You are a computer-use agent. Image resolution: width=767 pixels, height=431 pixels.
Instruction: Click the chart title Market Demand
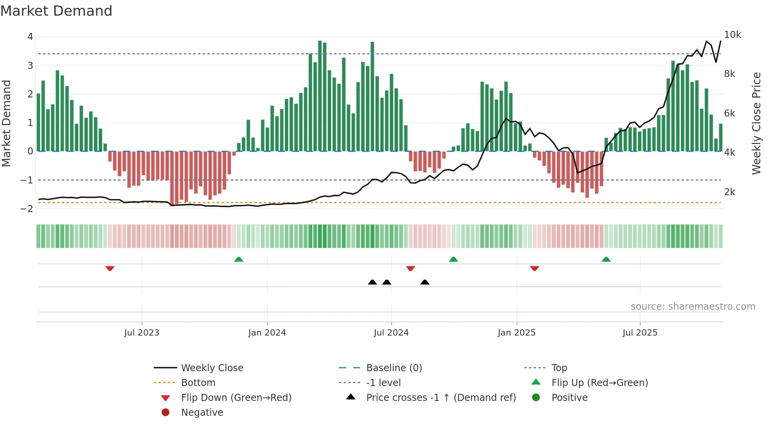click(56, 11)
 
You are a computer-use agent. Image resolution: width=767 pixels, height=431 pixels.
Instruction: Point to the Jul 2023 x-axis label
click(142, 333)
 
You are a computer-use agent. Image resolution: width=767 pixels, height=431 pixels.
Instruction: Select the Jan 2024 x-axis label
click(267, 333)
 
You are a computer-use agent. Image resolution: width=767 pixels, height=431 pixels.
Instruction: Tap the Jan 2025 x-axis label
click(516, 333)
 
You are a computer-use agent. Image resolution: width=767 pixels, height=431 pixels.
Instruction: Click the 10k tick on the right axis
click(732, 35)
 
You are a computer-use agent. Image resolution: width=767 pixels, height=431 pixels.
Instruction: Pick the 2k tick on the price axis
click(729, 192)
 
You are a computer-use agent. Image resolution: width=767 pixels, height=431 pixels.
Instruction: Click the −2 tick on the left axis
click(27, 209)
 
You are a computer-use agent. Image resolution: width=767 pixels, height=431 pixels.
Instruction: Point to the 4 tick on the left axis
click(30, 37)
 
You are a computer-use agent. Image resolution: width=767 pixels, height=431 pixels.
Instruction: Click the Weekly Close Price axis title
click(756, 123)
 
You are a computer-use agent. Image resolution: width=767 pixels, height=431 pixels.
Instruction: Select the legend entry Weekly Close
click(212, 368)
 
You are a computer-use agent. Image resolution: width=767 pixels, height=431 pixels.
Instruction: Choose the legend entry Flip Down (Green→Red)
click(236, 398)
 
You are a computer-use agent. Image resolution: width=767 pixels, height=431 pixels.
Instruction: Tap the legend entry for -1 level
click(383, 383)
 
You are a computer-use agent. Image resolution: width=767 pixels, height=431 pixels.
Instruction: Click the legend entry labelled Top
click(559, 368)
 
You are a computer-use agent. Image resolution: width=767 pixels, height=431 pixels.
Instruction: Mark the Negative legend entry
click(202, 413)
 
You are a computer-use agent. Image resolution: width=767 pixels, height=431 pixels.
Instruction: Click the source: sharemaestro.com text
click(693, 307)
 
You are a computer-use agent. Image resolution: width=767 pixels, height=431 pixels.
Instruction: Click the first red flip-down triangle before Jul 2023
click(110, 268)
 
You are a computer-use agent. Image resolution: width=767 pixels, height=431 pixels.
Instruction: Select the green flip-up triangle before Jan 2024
click(239, 259)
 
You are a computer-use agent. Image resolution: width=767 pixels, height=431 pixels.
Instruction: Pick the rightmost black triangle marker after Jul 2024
click(425, 282)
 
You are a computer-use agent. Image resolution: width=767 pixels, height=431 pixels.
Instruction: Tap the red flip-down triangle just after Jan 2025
click(535, 268)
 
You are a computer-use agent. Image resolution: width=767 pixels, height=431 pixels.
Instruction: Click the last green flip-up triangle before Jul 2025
click(606, 259)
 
